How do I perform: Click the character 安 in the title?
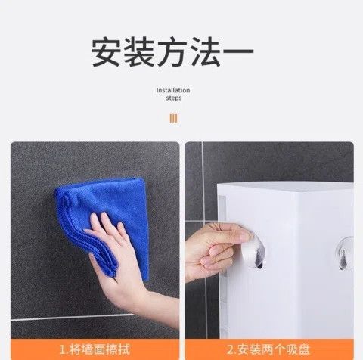106,51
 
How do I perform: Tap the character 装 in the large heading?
138,51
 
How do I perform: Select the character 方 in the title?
172,51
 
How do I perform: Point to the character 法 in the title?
205,51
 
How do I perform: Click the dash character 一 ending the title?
238,51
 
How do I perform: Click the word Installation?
173,90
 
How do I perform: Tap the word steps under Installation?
174,98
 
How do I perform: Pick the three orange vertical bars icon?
173,118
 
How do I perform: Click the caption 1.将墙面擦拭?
95,349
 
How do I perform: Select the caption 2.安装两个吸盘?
268,349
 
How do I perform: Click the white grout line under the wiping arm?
73,318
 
